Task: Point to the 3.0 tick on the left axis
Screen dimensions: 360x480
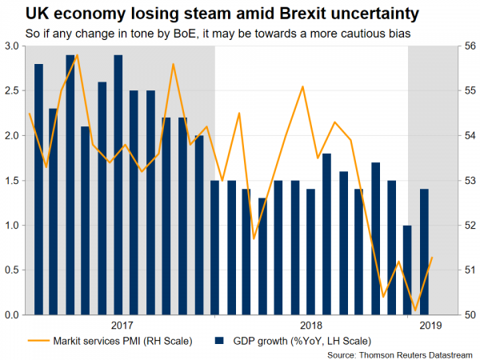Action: pyautogui.click(x=15, y=46)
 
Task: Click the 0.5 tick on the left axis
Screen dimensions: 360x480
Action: pyautogui.click(x=15, y=270)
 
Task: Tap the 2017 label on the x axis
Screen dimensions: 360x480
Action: pyautogui.click(x=122, y=326)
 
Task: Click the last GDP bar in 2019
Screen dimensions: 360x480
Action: pyautogui.click(x=424, y=252)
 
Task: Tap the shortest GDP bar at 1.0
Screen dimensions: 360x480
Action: pyautogui.click(x=408, y=270)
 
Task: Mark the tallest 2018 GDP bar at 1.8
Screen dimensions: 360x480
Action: pyautogui.click(x=327, y=234)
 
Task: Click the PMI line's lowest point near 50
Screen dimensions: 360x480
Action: pyautogui.click(x=416, y=310)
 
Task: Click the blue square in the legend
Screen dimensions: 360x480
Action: pyautogui.click(x=218, y=342)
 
